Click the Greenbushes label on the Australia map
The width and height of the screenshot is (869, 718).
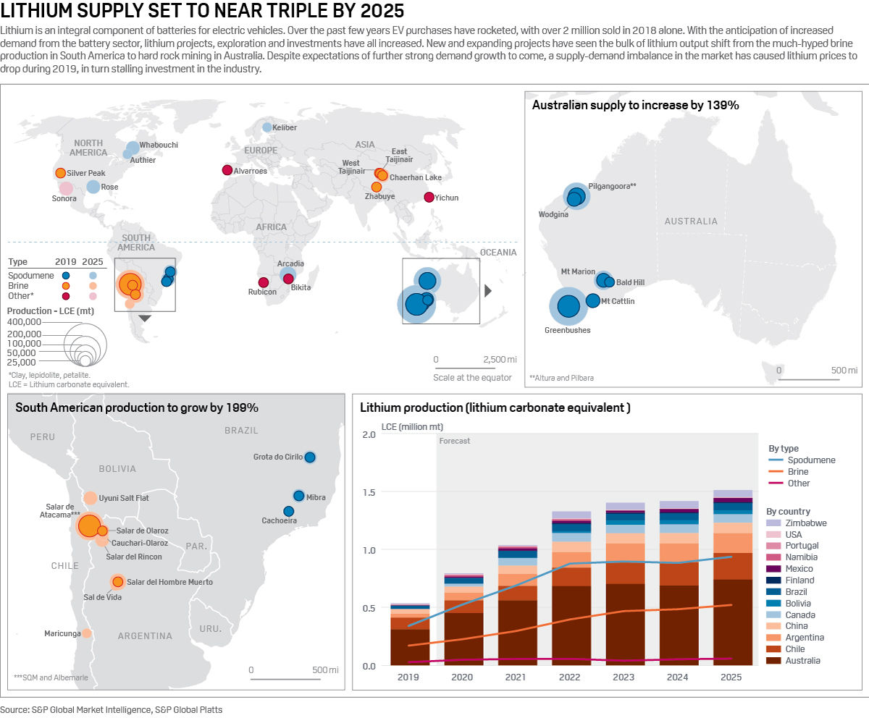tap(567, 330)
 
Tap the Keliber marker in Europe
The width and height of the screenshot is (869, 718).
tap(267, 127)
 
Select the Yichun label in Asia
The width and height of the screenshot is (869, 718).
tap(446, 198)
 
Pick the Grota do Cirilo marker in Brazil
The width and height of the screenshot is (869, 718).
tap(310, 457)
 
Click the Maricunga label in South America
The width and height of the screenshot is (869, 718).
tap(62, 633)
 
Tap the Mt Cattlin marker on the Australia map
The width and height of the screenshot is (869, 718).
tap(592, 300)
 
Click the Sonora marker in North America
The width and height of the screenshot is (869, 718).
tap(66, 188)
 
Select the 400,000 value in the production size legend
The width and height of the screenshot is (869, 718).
tap(25, 321)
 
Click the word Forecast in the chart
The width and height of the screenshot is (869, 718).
tap(455, 441)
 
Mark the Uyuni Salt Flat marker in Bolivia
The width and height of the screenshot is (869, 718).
tap(90, 498)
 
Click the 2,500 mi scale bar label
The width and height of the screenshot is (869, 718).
tap(500, 359)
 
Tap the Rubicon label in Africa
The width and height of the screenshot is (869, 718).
tap(262, 292)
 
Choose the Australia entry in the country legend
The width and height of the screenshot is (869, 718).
tap(802, 661)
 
